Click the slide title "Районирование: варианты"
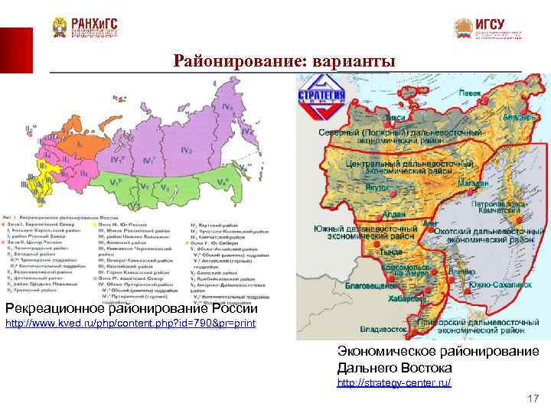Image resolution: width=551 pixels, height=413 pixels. pyautogui.click(x=285, y=60)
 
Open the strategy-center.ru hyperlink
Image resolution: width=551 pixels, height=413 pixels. pyautogui.click(x=394, y=382)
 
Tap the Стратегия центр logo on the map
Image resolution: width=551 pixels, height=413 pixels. pyautogui.click(x=321, y=102)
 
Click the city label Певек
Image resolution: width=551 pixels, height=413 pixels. pyautogui.click(x=469, y=92)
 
